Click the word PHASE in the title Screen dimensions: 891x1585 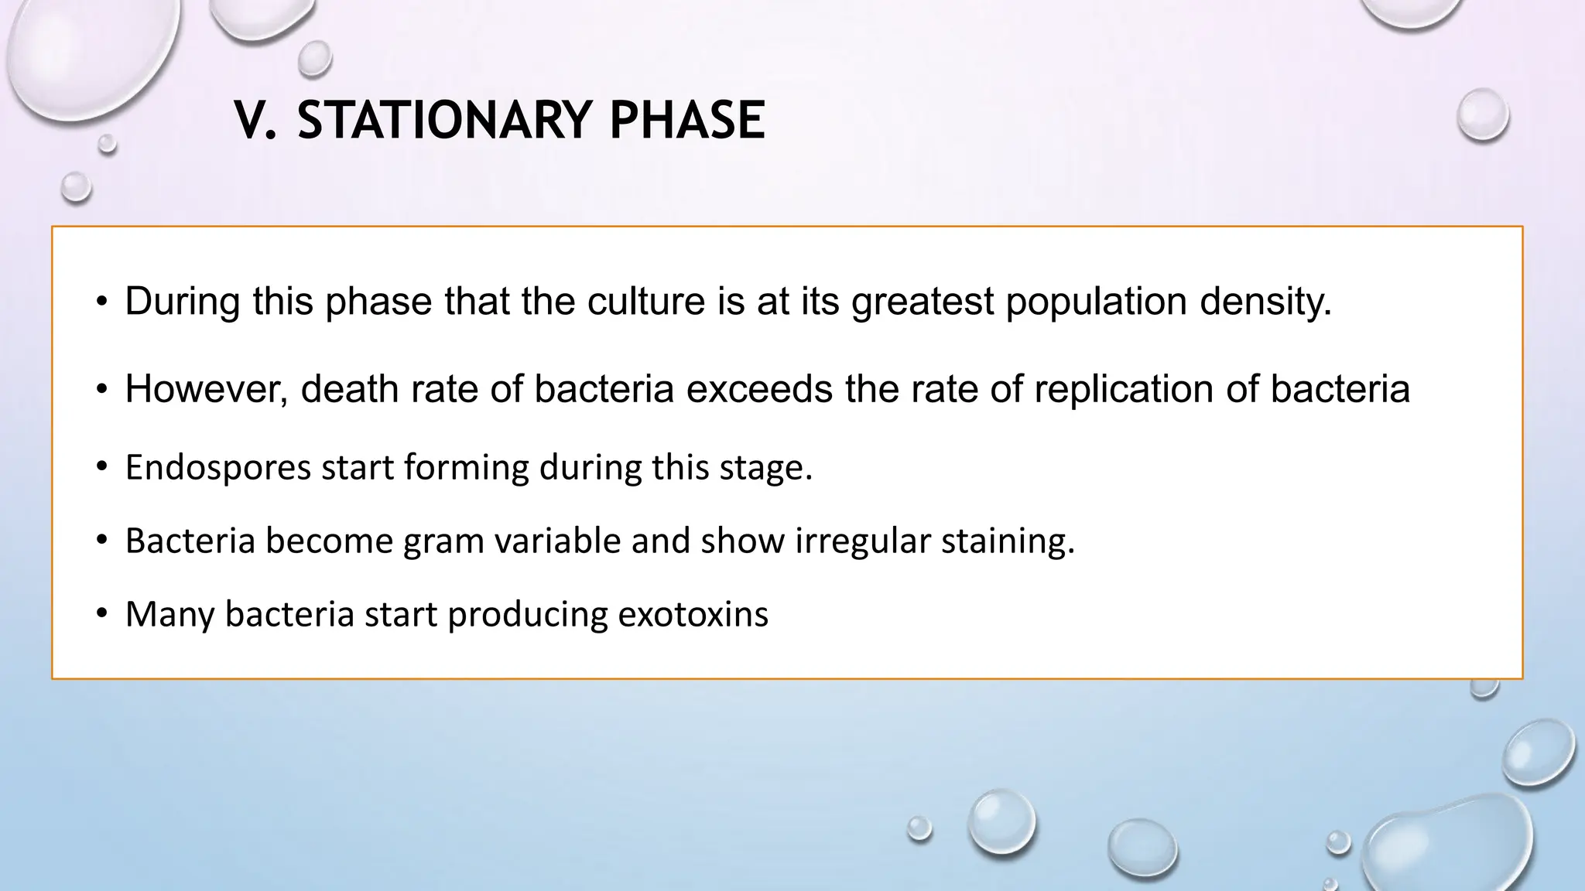click(686, 121)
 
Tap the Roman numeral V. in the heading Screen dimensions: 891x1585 click(255, 121)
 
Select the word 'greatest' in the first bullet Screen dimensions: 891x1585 click(922, 302)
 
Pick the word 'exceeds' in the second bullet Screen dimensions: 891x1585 click(759, 389)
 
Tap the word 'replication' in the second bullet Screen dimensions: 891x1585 click(1123, 389)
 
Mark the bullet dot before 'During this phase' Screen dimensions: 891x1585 click(101, 302)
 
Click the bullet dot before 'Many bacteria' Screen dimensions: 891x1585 click(101, 615)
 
